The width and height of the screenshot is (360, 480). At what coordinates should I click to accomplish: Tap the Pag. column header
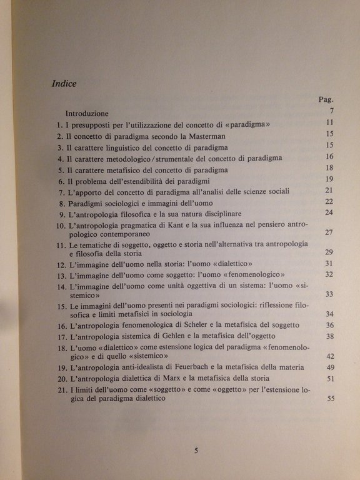[x=326, y=99]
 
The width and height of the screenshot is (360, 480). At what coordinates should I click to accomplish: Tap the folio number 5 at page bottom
[x=196, y=449]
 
